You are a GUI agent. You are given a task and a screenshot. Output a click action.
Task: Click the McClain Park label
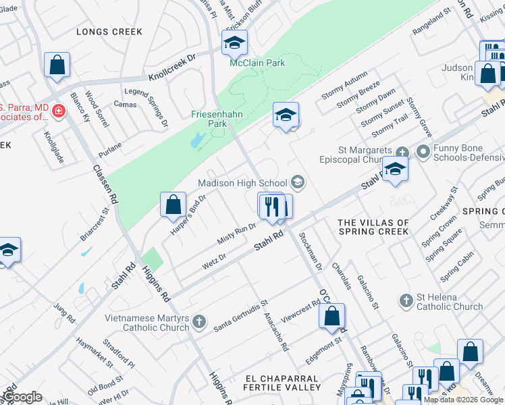point(257,63)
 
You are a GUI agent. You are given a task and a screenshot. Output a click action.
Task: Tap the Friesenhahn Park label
point(208,119)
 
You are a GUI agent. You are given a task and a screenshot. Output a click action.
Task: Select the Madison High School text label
point(242,184)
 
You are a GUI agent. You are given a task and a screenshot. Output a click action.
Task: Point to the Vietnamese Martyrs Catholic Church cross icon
point(198,321)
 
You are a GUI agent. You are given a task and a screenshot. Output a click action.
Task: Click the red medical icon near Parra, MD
point(59,110)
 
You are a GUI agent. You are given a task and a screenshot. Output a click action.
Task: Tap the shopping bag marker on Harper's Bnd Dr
point(173,204)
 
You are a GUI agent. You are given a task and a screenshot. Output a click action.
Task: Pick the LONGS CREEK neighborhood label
point(109,32)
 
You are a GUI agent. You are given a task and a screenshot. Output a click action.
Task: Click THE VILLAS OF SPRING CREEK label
point(373,227)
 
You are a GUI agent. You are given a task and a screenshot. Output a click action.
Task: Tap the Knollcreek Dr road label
point(171,66)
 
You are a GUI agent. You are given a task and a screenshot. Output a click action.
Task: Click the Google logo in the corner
point(22,397)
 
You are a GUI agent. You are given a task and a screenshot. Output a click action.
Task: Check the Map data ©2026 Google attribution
point(463,400)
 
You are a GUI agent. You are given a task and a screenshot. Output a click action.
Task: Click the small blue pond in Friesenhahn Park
point(195,141)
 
